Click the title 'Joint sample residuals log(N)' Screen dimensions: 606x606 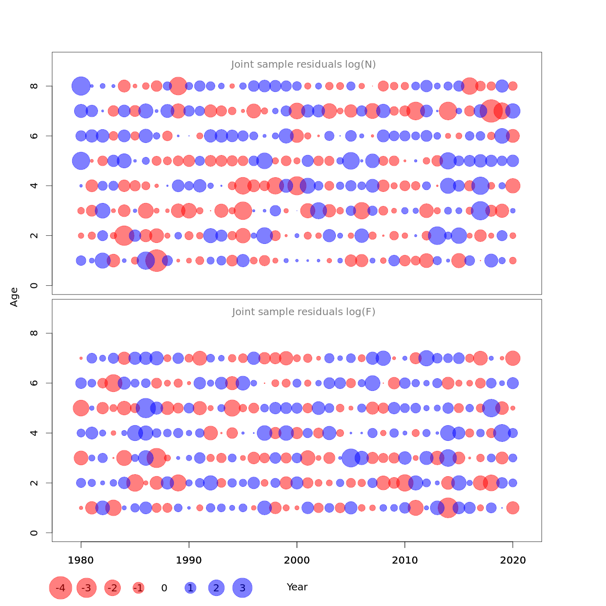[304, 65]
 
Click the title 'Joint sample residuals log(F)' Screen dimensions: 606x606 [304, 312]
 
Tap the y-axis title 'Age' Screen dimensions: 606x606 [15, 297]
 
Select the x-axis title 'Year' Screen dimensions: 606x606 [297, 587]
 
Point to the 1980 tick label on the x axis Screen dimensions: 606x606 [81, 561]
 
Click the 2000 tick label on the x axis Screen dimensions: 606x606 [297, 561]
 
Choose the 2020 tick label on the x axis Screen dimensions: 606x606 [513, 561]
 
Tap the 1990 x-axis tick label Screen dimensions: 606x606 [189, 561]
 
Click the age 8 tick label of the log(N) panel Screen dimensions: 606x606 [34, 86]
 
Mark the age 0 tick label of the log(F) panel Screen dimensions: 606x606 [34, 533]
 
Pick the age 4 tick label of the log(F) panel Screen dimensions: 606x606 [34, 433]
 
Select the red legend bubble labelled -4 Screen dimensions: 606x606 [61, 588]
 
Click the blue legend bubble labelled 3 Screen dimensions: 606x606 [242, 588]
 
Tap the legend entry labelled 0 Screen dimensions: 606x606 [164, 588]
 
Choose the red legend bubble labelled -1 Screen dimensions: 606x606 [138, 588]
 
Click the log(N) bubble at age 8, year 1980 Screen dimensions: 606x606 [81, 86]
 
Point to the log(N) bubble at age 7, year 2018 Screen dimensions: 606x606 [491, 111]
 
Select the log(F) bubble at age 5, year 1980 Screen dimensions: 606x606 [81, 408]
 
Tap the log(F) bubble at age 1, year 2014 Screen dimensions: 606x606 [448, 508]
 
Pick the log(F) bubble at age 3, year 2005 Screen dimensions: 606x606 [351, 458]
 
